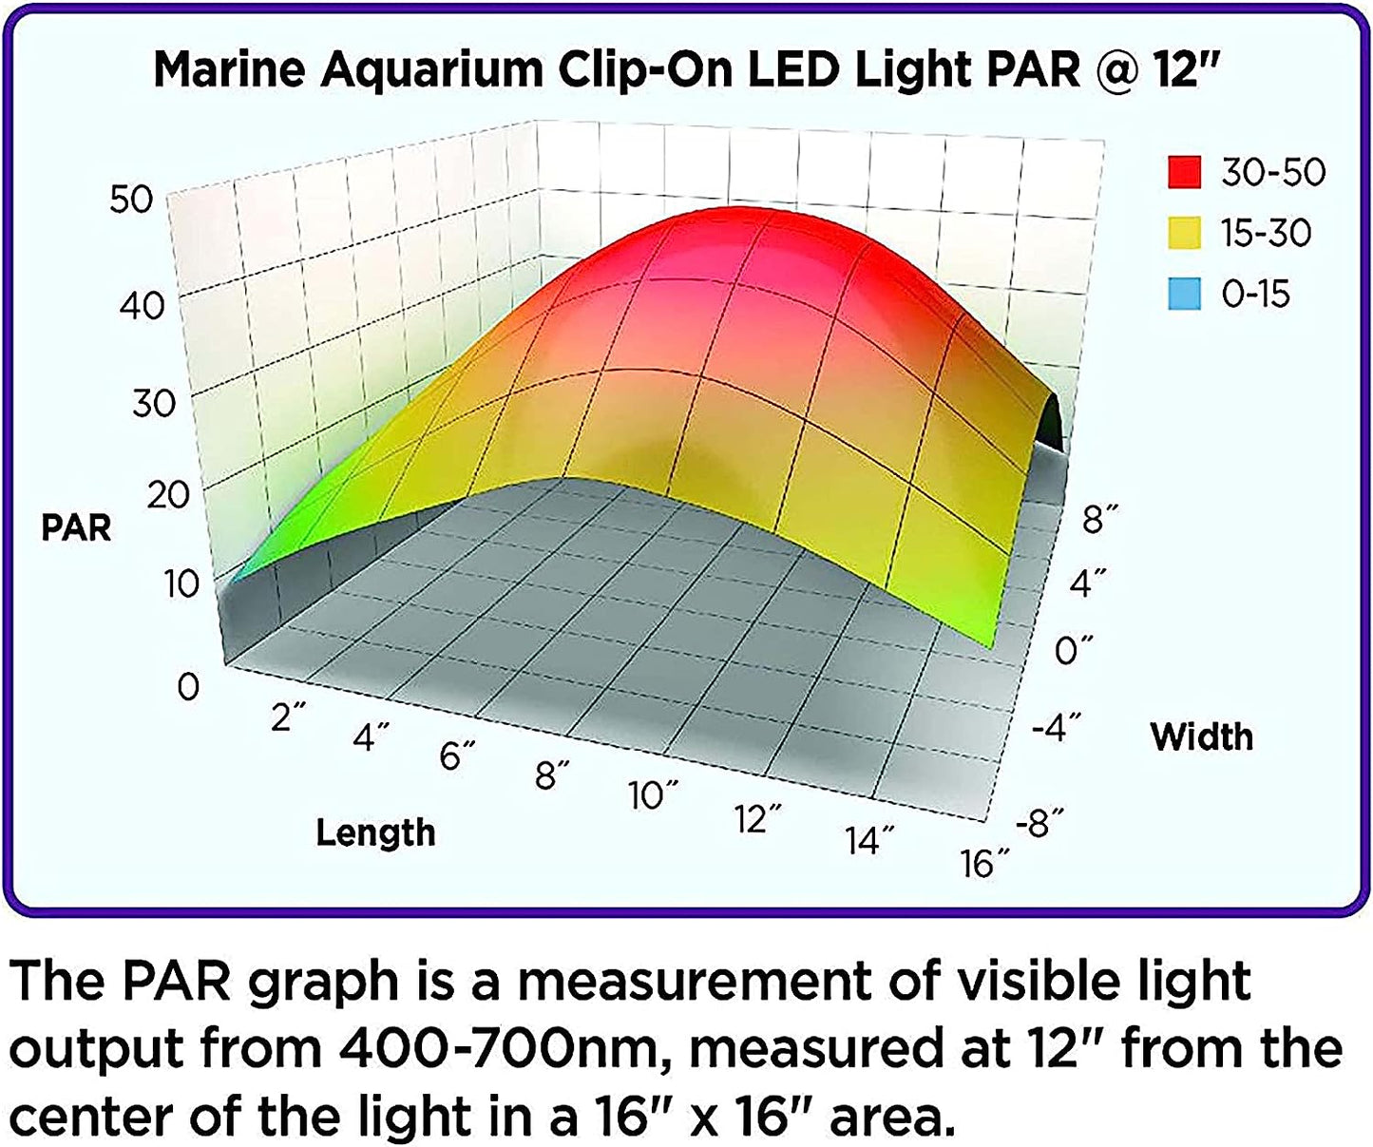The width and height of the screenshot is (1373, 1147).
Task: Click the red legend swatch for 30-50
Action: (x=1184, y=172)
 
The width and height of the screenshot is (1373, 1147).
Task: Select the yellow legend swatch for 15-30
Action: (x=1184, y=233)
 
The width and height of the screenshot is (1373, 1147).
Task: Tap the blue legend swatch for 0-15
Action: (x=1184, y=294)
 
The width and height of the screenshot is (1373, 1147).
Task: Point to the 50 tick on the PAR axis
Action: (x=131, y=200)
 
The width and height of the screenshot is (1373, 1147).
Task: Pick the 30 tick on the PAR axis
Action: (x=153, y=403)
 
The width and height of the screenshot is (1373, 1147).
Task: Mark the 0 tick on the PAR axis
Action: (x=188, y=686)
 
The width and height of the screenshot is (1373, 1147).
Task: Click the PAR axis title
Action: (x=76, y=527)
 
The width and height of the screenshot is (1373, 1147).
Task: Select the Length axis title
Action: (x=375, y=832)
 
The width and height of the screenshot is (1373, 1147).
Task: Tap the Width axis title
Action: (x=1201, y=736)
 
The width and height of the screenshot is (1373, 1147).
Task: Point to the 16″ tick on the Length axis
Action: (x=985, y=864)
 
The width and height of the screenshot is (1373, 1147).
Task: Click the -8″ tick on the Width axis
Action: (x=1038, y=823)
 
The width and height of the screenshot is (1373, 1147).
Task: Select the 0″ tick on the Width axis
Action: (x=1074, y=651)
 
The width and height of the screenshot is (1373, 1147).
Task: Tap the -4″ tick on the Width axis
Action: (x=1056, y=729)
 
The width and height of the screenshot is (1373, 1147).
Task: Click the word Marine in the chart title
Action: (x=232, y=70)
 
